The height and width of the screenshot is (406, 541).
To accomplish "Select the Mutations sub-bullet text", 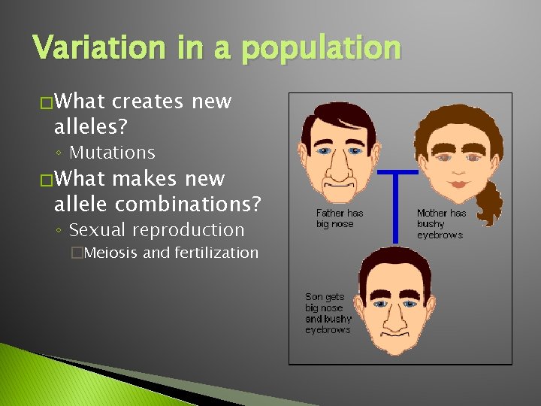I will point(112,153).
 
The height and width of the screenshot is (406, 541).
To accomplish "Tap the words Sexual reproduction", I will point(156,230).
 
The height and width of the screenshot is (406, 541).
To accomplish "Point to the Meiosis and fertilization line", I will point(171,253).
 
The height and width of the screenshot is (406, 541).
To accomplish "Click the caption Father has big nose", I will point(339,219).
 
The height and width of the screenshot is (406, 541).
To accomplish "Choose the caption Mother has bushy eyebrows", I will point(440,224).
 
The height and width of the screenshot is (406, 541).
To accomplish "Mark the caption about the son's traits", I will point(328,314).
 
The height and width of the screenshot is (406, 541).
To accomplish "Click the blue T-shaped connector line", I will point(395,203).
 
